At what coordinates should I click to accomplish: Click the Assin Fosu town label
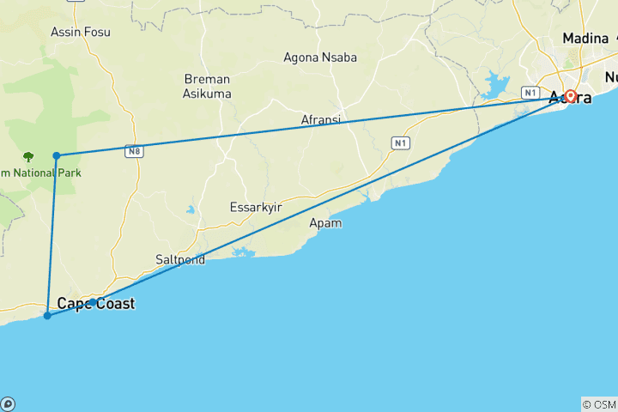pos(81,32)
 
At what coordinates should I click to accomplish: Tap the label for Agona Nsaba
pos(320,58)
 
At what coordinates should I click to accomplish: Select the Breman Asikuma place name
pos(207,86)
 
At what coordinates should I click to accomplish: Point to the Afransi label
pos(320,120)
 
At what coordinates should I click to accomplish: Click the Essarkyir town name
pos(257,207)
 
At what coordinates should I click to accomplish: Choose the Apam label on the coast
pos(325,223)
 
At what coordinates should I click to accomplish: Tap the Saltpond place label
pos(180,259)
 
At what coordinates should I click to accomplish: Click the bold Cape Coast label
pos(95,303)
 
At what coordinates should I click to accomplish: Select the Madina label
pos(585,39)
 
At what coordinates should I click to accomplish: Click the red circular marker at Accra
pos(570,96)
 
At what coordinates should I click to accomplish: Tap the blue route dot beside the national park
pos(57,155)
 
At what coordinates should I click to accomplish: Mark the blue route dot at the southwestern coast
pos(47,316)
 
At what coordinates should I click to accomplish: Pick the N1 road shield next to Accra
pos(530,92)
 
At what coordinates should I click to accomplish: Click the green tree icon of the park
pos(28,157)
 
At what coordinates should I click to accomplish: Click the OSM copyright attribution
pos(598,404)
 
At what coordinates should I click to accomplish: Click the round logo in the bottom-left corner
pos(8,403)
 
